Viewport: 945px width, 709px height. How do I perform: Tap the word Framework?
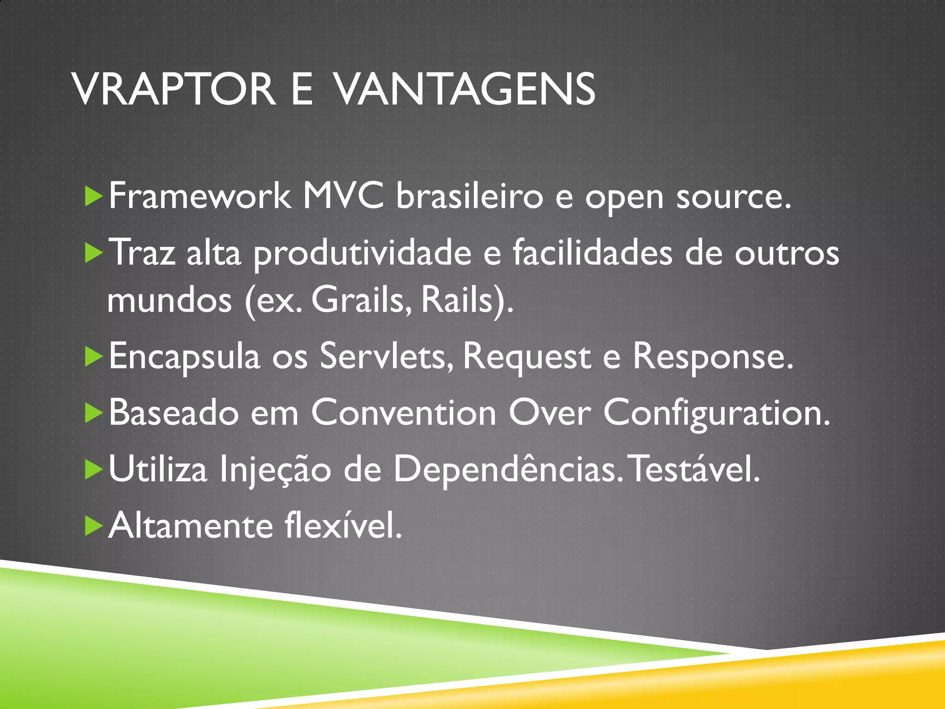click(199, 197)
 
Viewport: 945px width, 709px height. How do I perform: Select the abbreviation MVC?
click(343, 197)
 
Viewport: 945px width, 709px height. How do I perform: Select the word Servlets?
click(387, 357)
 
